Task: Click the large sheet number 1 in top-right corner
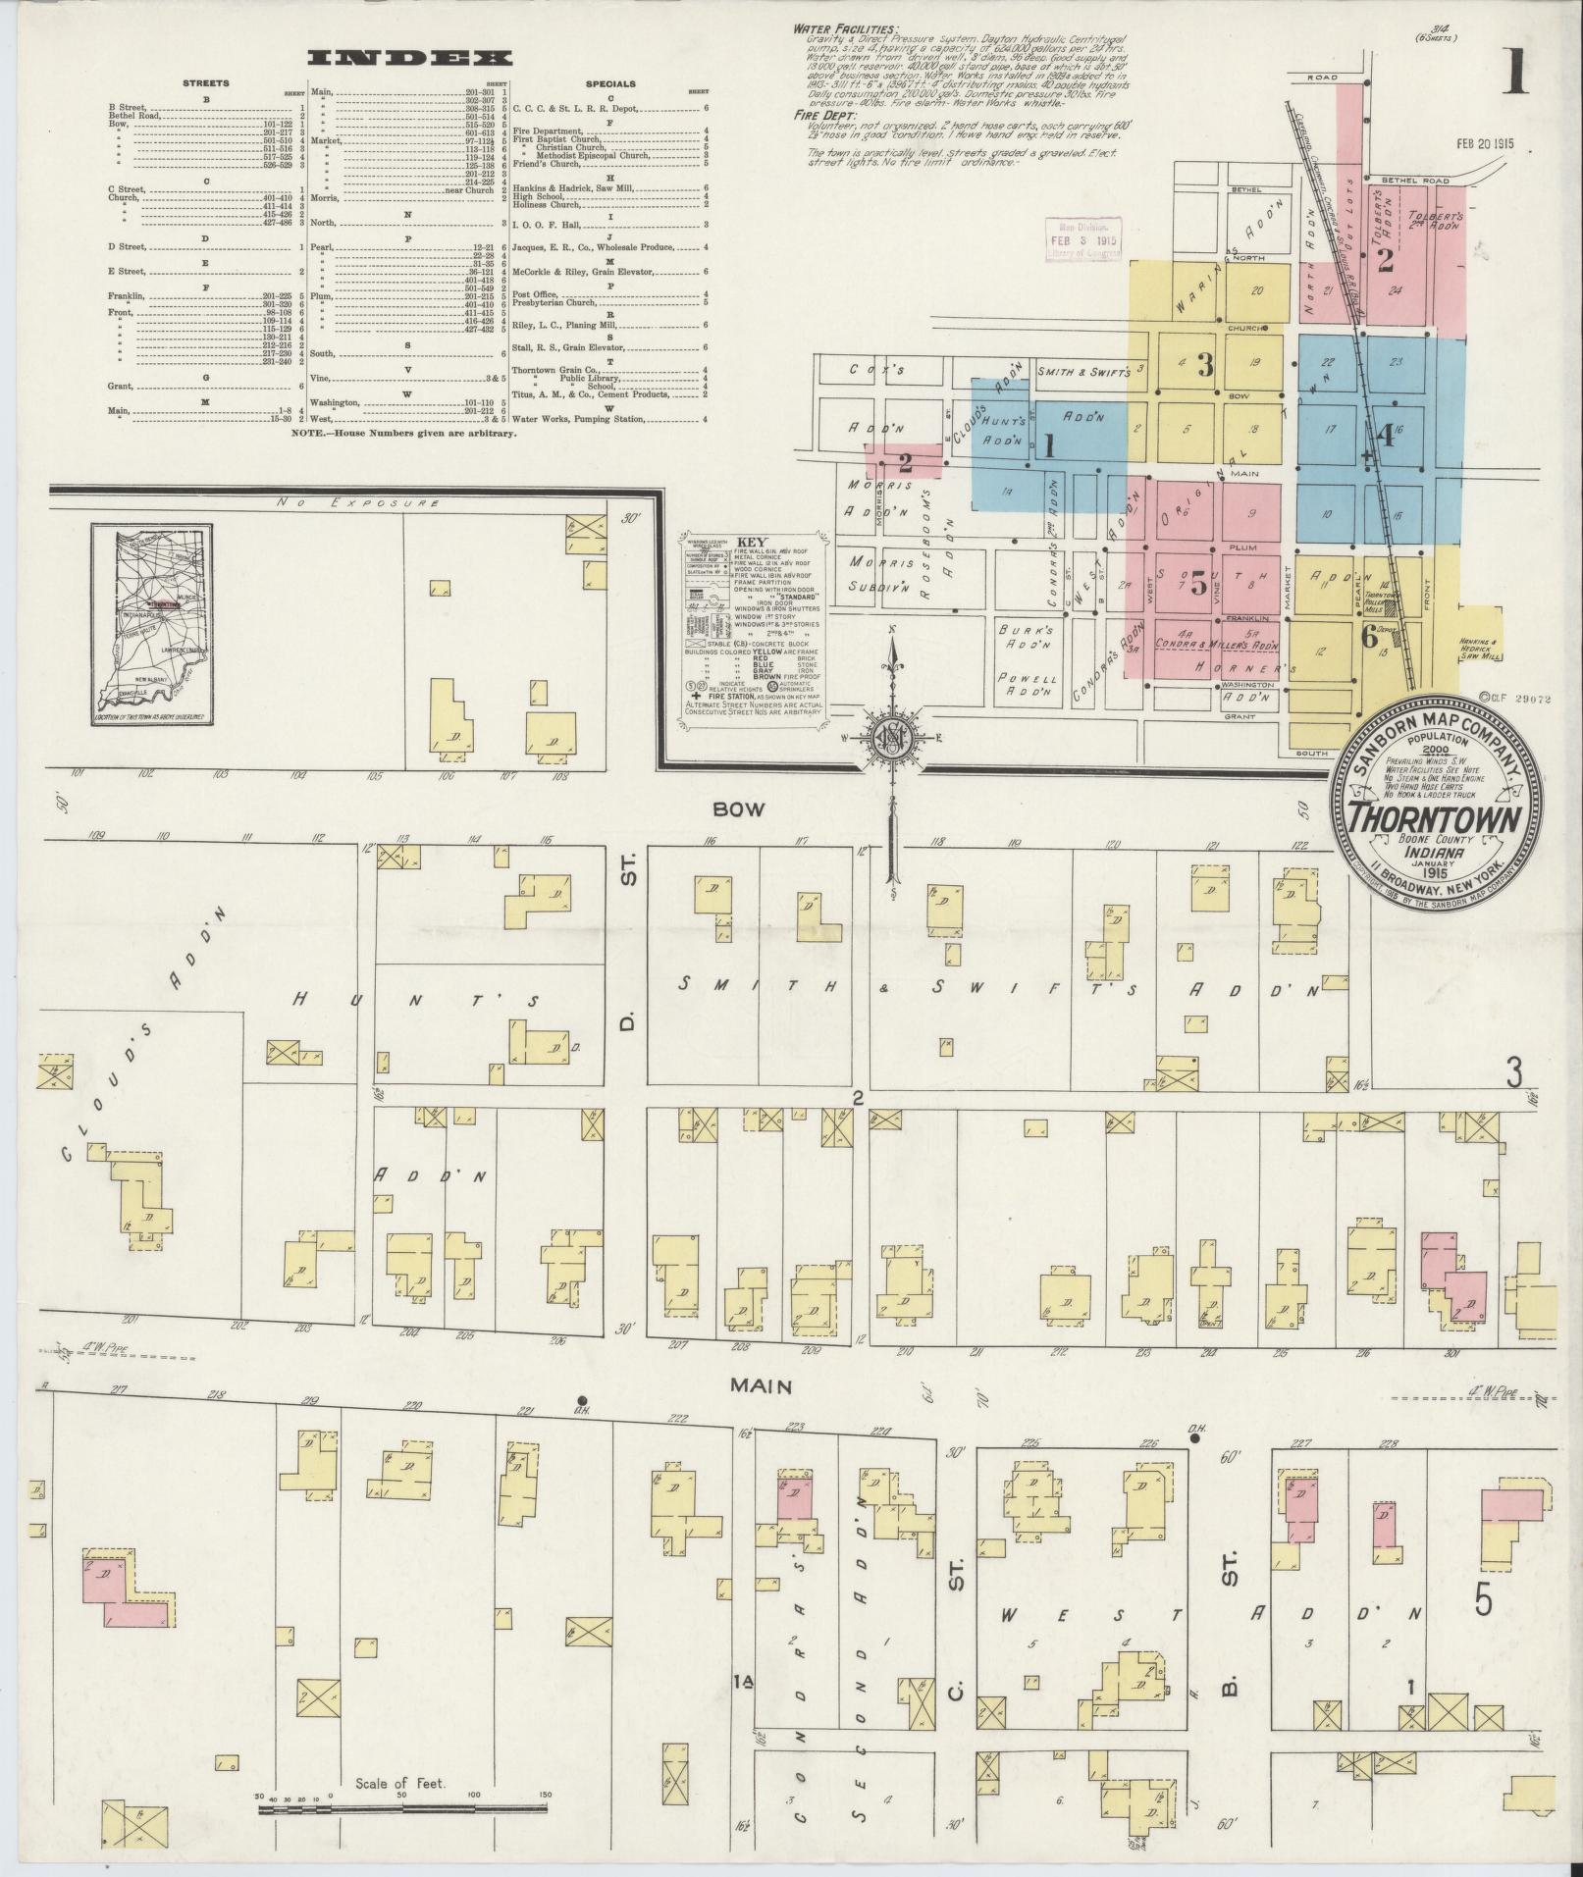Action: tap(1514, 74)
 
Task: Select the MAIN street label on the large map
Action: tap(761, 1385)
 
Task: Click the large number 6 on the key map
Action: tap(1370, 637)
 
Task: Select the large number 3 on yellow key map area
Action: tap(1205, 366)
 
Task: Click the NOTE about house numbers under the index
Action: tap(404, 433)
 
